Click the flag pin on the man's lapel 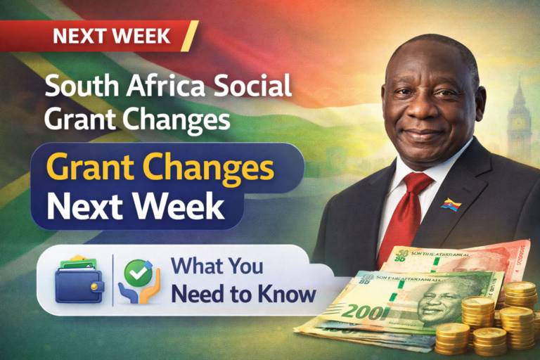click(x=451, y=204)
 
